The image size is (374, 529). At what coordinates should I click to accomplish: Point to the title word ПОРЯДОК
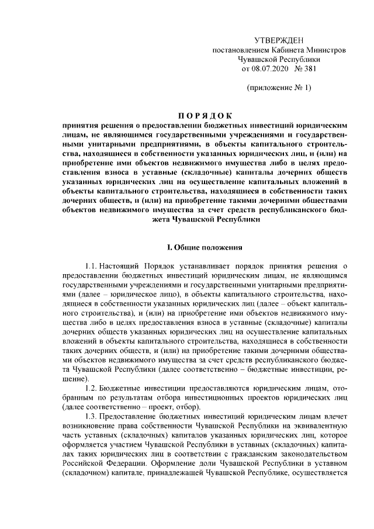(205, 115)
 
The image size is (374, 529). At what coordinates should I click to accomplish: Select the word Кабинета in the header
(283, 50)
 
